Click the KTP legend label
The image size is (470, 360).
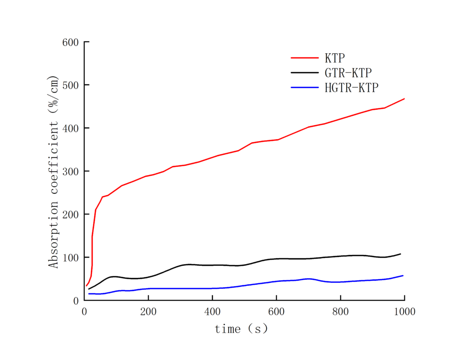coord(335,58)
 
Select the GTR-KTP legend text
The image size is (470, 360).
coord(348,73)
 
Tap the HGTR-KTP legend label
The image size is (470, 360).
coord(352,88)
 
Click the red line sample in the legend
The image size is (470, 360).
coord(305,58)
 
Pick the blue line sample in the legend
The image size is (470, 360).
coord(305,88)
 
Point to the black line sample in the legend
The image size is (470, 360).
coord(305,73)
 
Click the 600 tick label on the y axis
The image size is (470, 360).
coord(71,42)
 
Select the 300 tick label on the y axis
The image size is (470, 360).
coord(71,171)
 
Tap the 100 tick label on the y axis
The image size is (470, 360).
coord(71,258)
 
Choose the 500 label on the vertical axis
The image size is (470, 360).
coord(71,85)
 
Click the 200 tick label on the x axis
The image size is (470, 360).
coord(148,312)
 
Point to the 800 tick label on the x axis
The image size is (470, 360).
coord(341,312)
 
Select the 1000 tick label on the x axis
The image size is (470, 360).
coord(404,312)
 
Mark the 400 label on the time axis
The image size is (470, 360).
coord(212,312)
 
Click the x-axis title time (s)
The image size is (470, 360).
coord(241,329)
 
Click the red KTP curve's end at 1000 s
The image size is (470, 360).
coord(404,99)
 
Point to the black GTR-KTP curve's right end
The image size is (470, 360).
coord(401,254)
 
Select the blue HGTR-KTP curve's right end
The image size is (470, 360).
coord(403,276)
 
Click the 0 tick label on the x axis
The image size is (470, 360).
coord(84,312)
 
